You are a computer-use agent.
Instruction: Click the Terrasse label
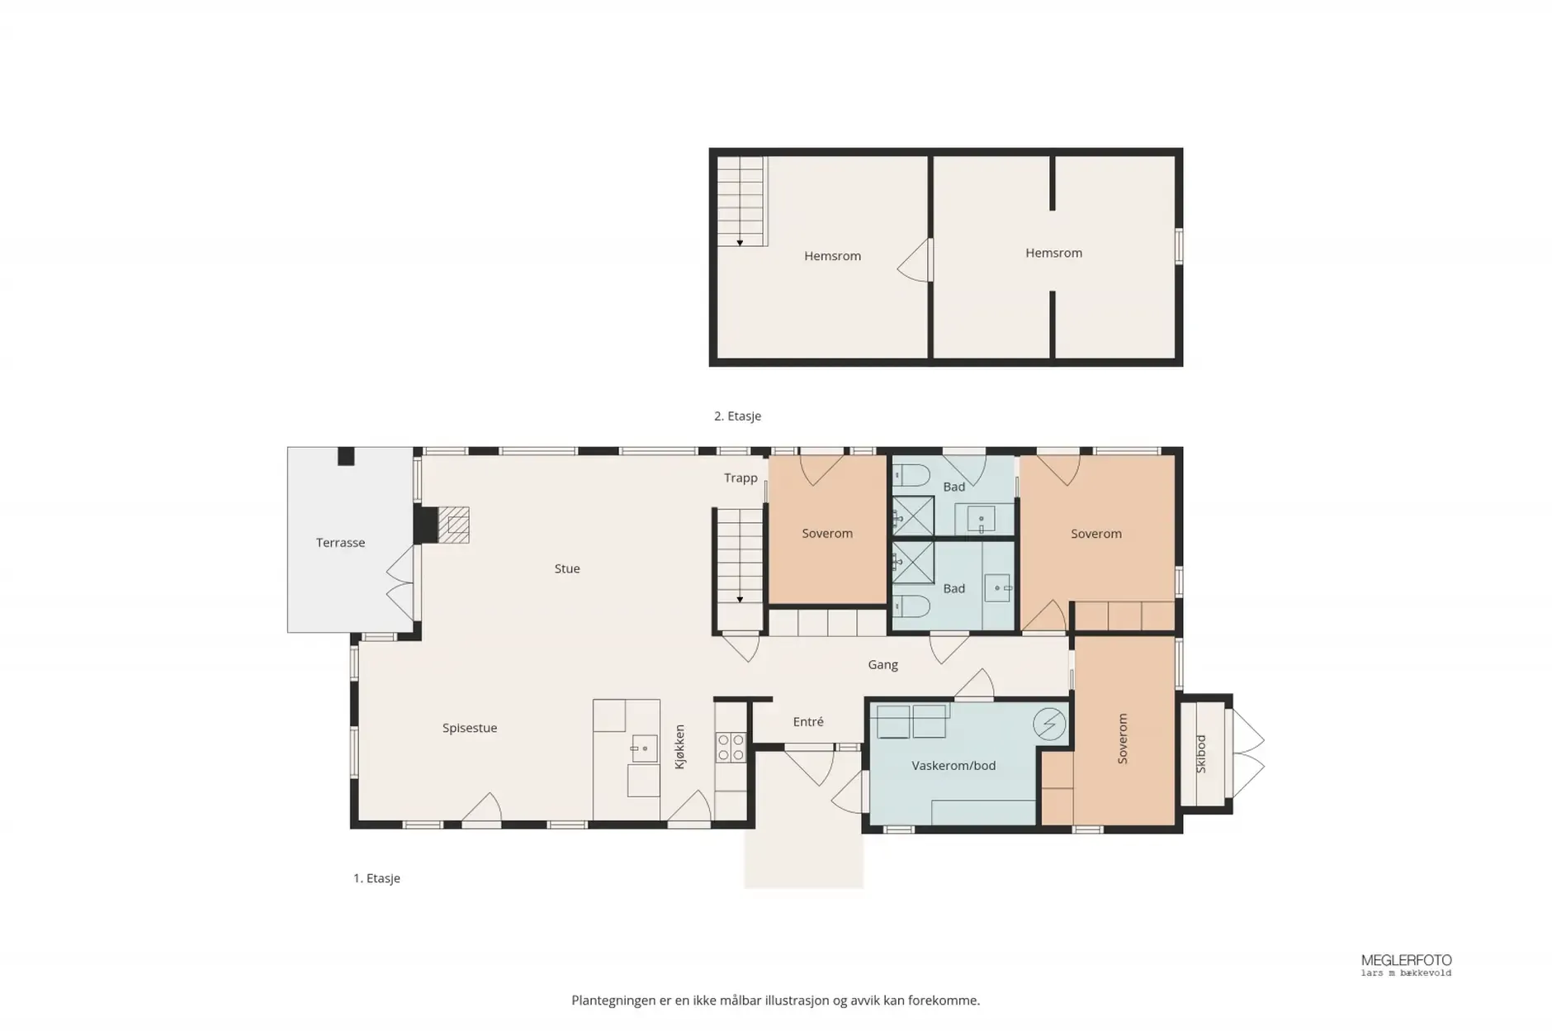pyautogui.click(x=340, y=543)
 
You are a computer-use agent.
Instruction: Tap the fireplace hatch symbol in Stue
pyautogui.click(x=453, y=525)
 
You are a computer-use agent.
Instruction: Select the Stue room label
pyautogui.click(x=567, y=568)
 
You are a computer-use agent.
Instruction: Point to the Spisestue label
pyautogui.click(x=470, y=728)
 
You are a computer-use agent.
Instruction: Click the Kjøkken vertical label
pyautogui.click(x=680, y=747)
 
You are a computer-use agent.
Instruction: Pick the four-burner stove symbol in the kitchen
pyautogui.click(x=730, y=748)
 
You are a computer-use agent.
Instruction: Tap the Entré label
pyautogui.click(x=808, y=721)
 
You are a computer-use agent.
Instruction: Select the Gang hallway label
pyautogui.click(x=882, y=664)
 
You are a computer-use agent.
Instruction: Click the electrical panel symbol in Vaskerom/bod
pyautogui.click(x=1049, y=725)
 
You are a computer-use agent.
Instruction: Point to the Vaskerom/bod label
pyautogui.click(x=953, y=766)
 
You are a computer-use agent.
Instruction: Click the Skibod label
pyautogui.click(x=1201, y=753)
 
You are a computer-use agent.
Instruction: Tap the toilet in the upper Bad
pyautogui.click(x=911, y=476)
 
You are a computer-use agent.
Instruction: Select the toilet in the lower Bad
pyautogui.click(x=911, y=606)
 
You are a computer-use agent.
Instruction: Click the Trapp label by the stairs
pyautogui.click(x=741, y=478)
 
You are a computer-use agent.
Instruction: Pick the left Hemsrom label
pyautogui.click(x=832, y=256)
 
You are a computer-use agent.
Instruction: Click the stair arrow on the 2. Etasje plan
pyautogui.click(x=740, y=241)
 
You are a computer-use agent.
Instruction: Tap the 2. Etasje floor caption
pyautogui.click(x=737, y=416)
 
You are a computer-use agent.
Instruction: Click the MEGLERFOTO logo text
pyautogui.click(x=1406, y=960)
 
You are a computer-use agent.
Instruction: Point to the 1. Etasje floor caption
pyautogui.click(x=376, y=878)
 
